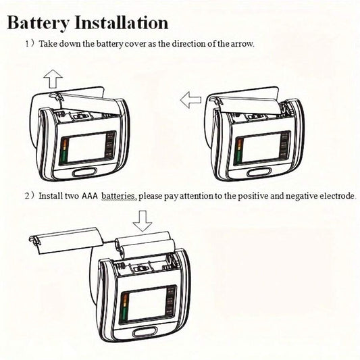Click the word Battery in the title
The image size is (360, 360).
[x=38, y=23]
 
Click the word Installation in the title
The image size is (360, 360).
[x=122, y=22]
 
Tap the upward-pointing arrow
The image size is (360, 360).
[x=53, y=79]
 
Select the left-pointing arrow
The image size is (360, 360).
[x=190, y=100]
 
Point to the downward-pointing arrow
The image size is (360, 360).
[x=143, y=221]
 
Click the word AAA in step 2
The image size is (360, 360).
[x=90, y=196]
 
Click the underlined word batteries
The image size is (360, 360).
[x=119, y=196]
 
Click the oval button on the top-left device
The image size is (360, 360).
[x=84, y=172]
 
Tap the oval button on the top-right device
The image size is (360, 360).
[x=259, y=172]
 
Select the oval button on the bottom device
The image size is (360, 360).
[x=145, y=332]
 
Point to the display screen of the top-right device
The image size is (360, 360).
[x=262, y=148]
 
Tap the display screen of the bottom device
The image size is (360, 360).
[x=148, y=306]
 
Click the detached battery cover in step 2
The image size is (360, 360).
[x=67, y=240]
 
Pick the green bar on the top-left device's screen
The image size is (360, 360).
[x=64, y=155]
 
